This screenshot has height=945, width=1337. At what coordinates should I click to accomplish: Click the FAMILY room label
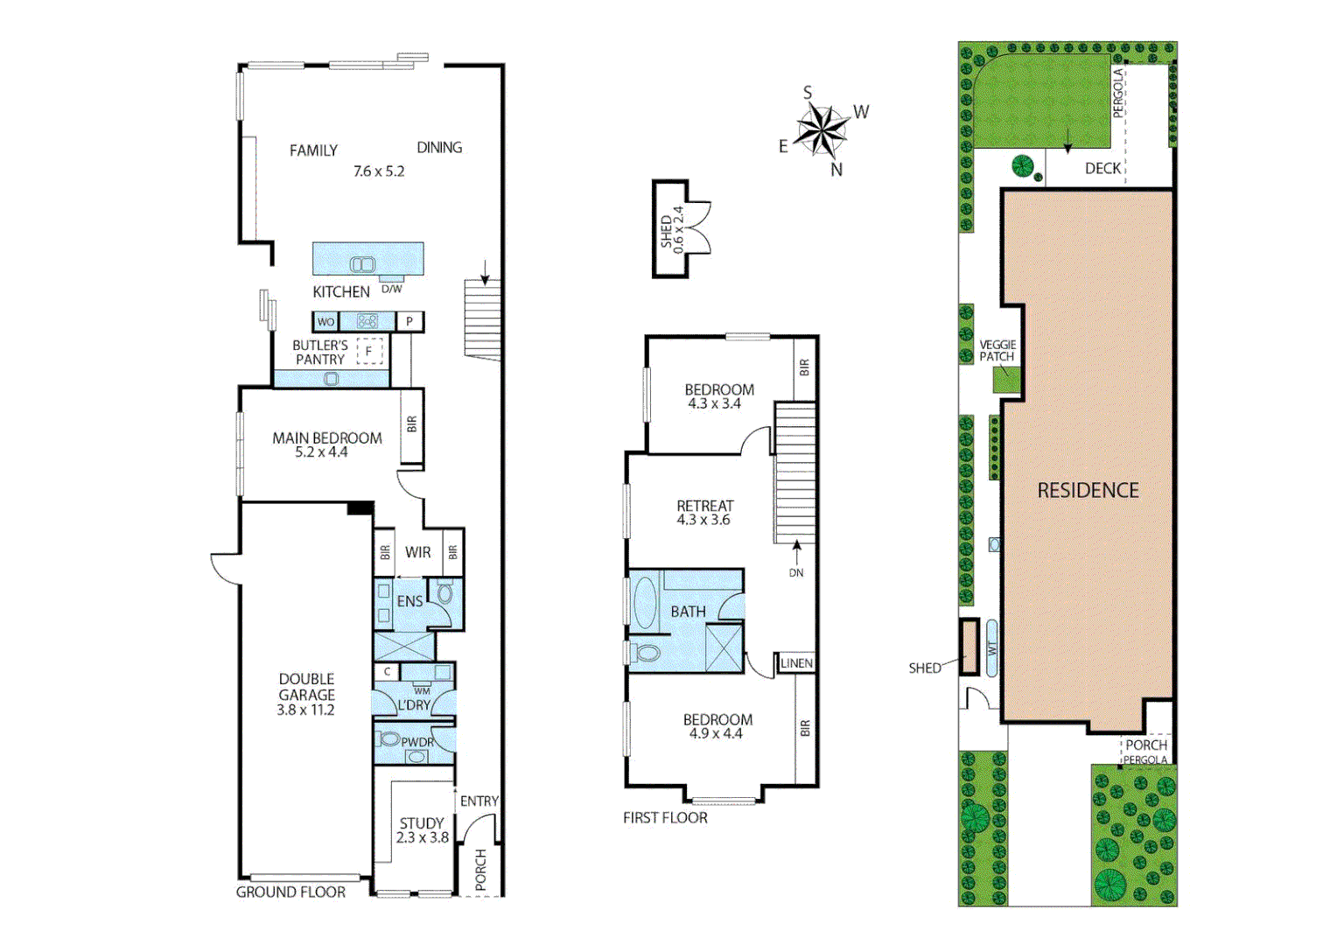313,150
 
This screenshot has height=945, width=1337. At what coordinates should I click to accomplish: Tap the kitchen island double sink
362,264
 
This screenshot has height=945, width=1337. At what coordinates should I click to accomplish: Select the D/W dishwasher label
392,289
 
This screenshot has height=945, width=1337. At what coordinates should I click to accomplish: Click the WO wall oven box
325,322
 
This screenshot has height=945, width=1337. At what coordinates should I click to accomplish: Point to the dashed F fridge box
369,351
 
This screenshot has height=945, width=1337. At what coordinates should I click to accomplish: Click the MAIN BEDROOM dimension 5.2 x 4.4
321,452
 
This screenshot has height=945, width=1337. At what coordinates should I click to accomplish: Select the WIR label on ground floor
417,552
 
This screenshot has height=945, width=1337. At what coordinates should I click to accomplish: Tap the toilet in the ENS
445,594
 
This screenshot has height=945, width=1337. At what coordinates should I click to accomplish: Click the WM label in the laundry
422,690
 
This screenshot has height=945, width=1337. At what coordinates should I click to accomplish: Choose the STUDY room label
422,823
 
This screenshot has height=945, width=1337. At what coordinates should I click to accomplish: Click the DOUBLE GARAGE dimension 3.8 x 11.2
305,710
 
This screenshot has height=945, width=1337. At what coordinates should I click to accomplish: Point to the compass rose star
822,130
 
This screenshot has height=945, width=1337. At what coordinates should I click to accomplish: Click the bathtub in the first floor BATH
645,602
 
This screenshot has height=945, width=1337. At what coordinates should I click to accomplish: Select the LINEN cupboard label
796,663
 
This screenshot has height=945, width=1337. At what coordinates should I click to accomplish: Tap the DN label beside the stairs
796,573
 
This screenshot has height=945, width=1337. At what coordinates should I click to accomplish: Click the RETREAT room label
704,506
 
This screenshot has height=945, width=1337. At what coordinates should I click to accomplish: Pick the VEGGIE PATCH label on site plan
997,351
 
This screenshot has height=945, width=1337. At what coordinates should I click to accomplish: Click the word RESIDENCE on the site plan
1088,491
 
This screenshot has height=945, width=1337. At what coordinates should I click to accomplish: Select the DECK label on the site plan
1102,168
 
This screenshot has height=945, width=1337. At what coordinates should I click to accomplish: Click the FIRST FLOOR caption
665,818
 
